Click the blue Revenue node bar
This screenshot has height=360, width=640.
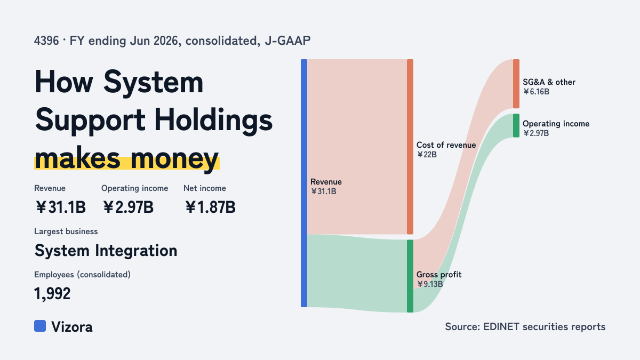pos(304,183)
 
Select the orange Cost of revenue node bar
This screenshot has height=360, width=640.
pos(410,147)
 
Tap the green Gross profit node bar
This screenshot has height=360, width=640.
pos(410,276)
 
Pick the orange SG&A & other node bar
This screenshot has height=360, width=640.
pos(516,84)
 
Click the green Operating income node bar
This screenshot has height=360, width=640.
pos(516,125)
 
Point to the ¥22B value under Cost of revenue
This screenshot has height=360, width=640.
pos(427,155)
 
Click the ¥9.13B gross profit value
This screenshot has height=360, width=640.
pos(430,284)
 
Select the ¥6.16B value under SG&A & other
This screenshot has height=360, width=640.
pos(536,92)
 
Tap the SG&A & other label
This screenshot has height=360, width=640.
pos(549,82)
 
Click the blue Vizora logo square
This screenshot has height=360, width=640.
pos(40,326)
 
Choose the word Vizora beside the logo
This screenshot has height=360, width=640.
pos(72,327)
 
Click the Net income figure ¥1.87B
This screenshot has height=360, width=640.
pos(210,207)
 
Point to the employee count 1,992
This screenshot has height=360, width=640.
pos(52,294)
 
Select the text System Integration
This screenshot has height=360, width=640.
pos(106,251)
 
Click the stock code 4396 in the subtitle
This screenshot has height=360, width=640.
pos(46,41)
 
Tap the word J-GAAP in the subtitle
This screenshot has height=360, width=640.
pos(287,41)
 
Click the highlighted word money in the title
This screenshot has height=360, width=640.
pos(174,158)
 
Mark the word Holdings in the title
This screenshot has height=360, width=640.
pos(213,120)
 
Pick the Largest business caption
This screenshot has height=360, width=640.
pos(66,231)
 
